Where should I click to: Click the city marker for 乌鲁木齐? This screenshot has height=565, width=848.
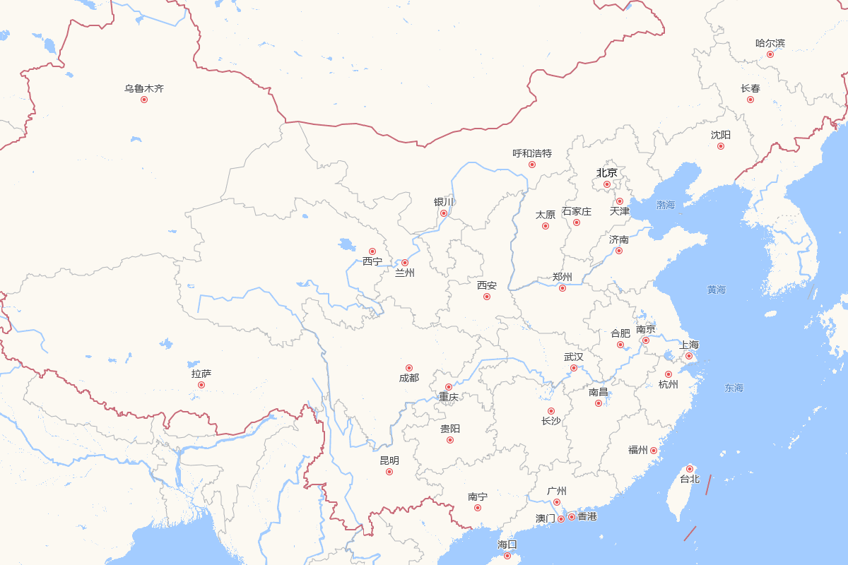click(144, 100)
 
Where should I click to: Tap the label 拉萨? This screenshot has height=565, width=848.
click(201, 374)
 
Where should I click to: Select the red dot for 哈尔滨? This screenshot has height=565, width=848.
click(770, 54)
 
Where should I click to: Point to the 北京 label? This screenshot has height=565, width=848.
click(606, 172)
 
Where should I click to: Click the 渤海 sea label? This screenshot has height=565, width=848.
click(666, 206)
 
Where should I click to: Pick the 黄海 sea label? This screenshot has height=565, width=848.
click(717, 290)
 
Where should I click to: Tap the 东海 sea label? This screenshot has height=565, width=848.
click(734, 388)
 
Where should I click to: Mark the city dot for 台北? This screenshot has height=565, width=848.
click(690, 469)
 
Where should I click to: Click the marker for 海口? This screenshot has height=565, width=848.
click(507, 556)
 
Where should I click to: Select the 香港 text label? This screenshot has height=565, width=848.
click(587, 516)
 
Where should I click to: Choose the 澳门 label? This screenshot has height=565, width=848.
click(546, 518)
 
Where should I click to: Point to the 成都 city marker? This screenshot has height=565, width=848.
click(408, 368)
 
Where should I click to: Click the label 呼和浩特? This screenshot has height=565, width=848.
click(532, 153)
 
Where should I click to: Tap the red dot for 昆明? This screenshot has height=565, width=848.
click(389, 472)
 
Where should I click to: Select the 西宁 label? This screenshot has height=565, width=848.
click(372, 261)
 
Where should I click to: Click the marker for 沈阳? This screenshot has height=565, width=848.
click(721, 146)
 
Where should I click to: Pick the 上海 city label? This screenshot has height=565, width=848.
click(689, 345)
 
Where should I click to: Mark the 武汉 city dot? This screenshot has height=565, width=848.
click(574, 368)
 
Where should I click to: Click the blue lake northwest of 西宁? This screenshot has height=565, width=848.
click(347, 245)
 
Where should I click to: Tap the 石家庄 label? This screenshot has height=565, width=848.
click(577, 211)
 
